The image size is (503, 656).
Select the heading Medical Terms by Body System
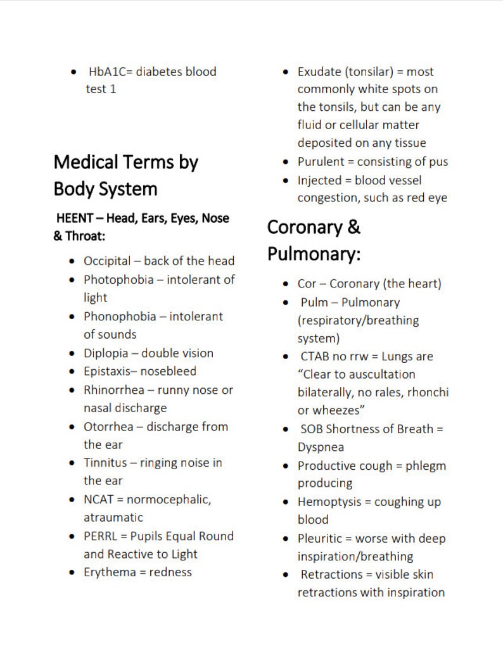(x=125, y=175)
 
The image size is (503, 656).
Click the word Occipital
(x=107, y=261)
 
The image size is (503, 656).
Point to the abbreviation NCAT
(x=99, y=500)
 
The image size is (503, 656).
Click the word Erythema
(x=109, y=572)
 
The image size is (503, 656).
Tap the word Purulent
(x=321, y=162)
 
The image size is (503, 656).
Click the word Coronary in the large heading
(x=303, y=227)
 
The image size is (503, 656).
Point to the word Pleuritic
(x=320, y=539)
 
